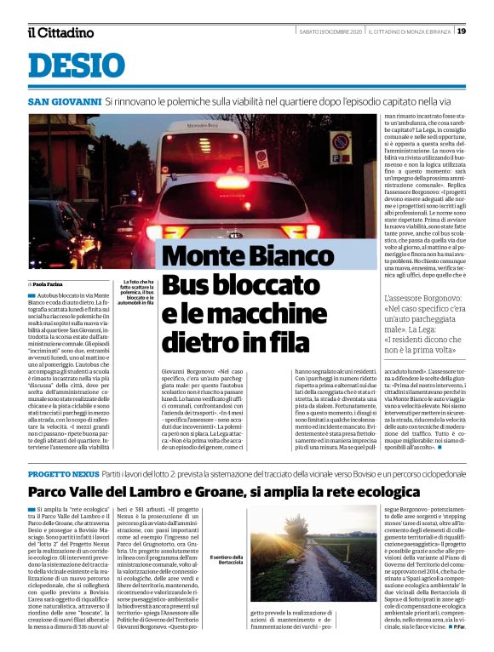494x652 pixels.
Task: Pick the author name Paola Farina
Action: pyautogui.click(x=49, y=284)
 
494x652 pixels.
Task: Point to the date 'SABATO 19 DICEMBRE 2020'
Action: pyautogui.click(x=330, y=31)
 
